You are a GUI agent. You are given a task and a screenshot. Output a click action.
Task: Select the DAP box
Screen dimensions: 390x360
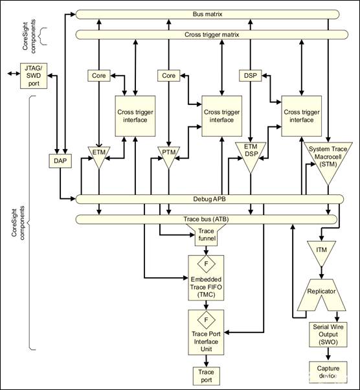pyautogui.click(x=59, y=159)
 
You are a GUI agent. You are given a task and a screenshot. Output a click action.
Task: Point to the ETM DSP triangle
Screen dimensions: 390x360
pyautogui.click(x=250, y=157)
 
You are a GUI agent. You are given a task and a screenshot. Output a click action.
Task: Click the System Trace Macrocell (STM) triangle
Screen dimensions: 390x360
pyautogui.click(x=328, y=159)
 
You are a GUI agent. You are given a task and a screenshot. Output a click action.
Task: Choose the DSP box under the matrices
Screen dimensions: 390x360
pyautogui.click(x=249, y=76)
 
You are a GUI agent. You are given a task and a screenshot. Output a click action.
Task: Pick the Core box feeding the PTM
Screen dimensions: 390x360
pyautogui.click(x=168, y=76)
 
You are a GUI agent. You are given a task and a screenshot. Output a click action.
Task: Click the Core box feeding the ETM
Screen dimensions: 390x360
pyautogui.click(x=99, y=76)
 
